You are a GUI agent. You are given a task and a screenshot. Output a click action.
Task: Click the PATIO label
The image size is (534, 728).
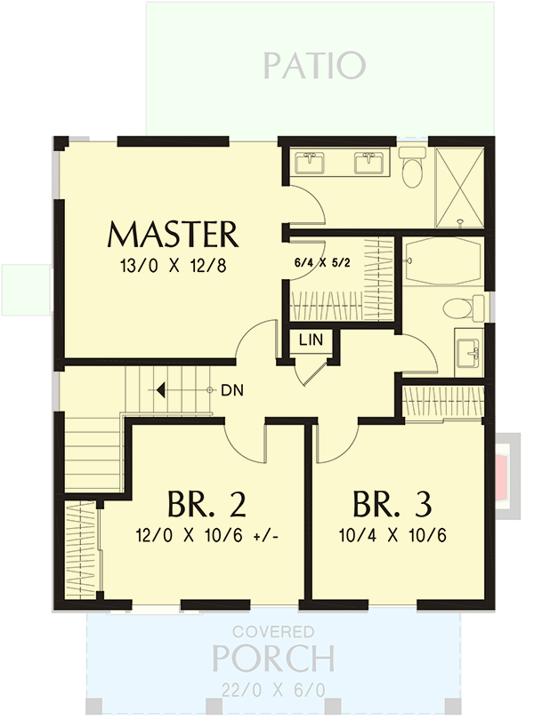pos(314,65)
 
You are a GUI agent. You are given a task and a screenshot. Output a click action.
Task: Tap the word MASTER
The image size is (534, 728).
pos(173,235)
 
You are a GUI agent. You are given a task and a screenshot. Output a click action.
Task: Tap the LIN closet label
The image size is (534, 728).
pos(311,340)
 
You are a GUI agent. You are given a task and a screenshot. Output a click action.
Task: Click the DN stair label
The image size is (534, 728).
pos(232,389)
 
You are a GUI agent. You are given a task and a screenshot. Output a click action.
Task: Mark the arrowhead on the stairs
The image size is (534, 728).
pos(161,389)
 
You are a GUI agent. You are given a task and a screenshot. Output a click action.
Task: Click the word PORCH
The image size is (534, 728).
pos(273,660)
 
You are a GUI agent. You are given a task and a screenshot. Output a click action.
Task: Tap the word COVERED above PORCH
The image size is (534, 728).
pos(273,632)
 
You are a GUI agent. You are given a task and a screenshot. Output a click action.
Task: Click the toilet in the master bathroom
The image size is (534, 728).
pos(412,167)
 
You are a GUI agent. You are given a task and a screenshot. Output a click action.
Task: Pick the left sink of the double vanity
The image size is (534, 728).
pos(313,163)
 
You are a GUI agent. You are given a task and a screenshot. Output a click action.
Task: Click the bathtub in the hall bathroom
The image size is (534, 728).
pos(442,261)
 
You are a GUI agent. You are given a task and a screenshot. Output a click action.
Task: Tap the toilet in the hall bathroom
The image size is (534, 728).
pos(458,308)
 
